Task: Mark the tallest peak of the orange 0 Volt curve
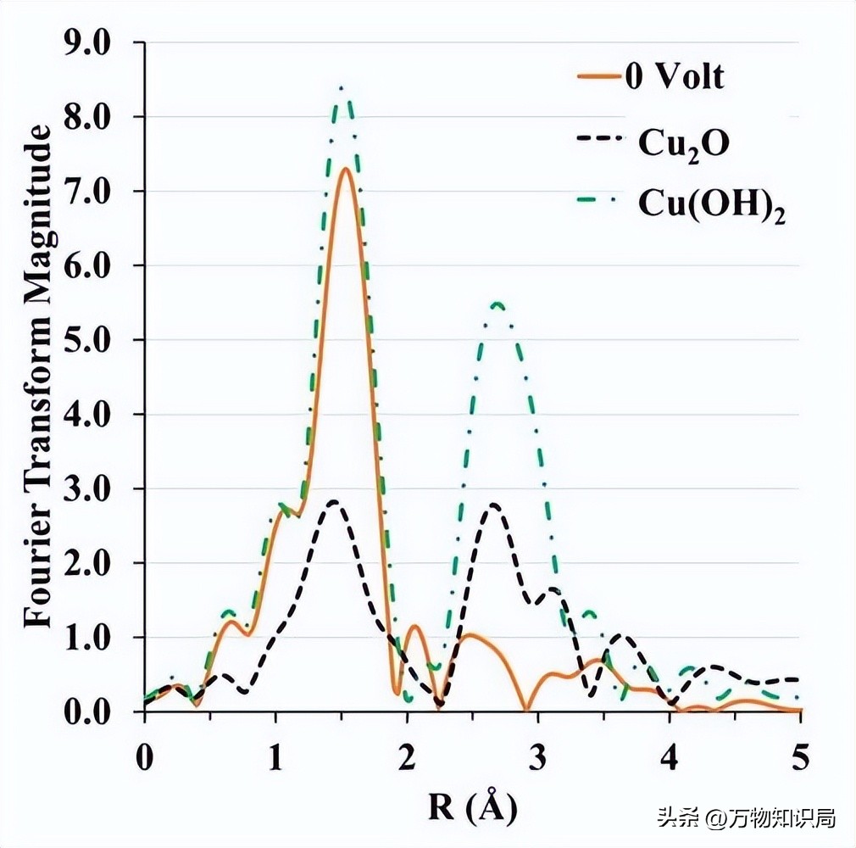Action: coord(346,169)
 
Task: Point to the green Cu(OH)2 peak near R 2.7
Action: coord(497,304)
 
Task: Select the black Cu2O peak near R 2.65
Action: coord(492,505)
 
